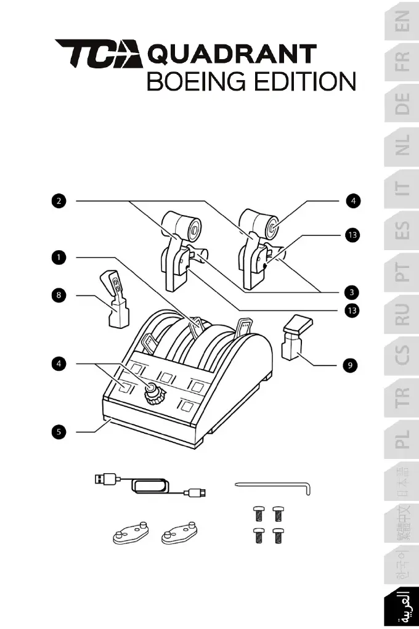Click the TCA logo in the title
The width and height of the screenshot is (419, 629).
(x=99, y=55)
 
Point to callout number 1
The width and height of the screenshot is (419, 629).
(x=59, y=257)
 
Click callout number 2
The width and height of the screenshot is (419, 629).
(x=59, y=201)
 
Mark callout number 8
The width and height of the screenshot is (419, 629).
(x=59, y=295)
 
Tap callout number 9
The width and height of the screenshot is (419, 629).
(x=349, y=365)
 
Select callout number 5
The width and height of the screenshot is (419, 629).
(x=59, y=432)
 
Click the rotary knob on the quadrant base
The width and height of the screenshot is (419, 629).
(x=151, y=393)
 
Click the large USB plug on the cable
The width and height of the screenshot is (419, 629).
(x=105, y=478)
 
